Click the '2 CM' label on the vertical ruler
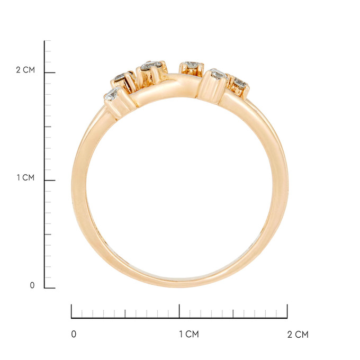pos(25,70)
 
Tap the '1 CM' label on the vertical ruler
pos(25,177)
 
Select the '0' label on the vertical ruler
pos(32,285)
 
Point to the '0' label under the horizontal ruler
pos(74,334)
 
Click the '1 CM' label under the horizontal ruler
pos(189,334)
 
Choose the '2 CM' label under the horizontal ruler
pos(298,335)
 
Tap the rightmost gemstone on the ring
pos(240,83)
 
